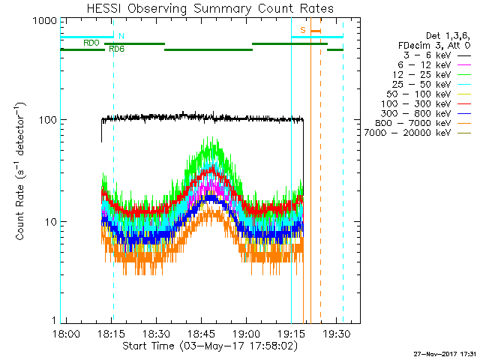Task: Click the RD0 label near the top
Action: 91,43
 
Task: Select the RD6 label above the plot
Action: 116,49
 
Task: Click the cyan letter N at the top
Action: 121,35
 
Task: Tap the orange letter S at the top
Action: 303,30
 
